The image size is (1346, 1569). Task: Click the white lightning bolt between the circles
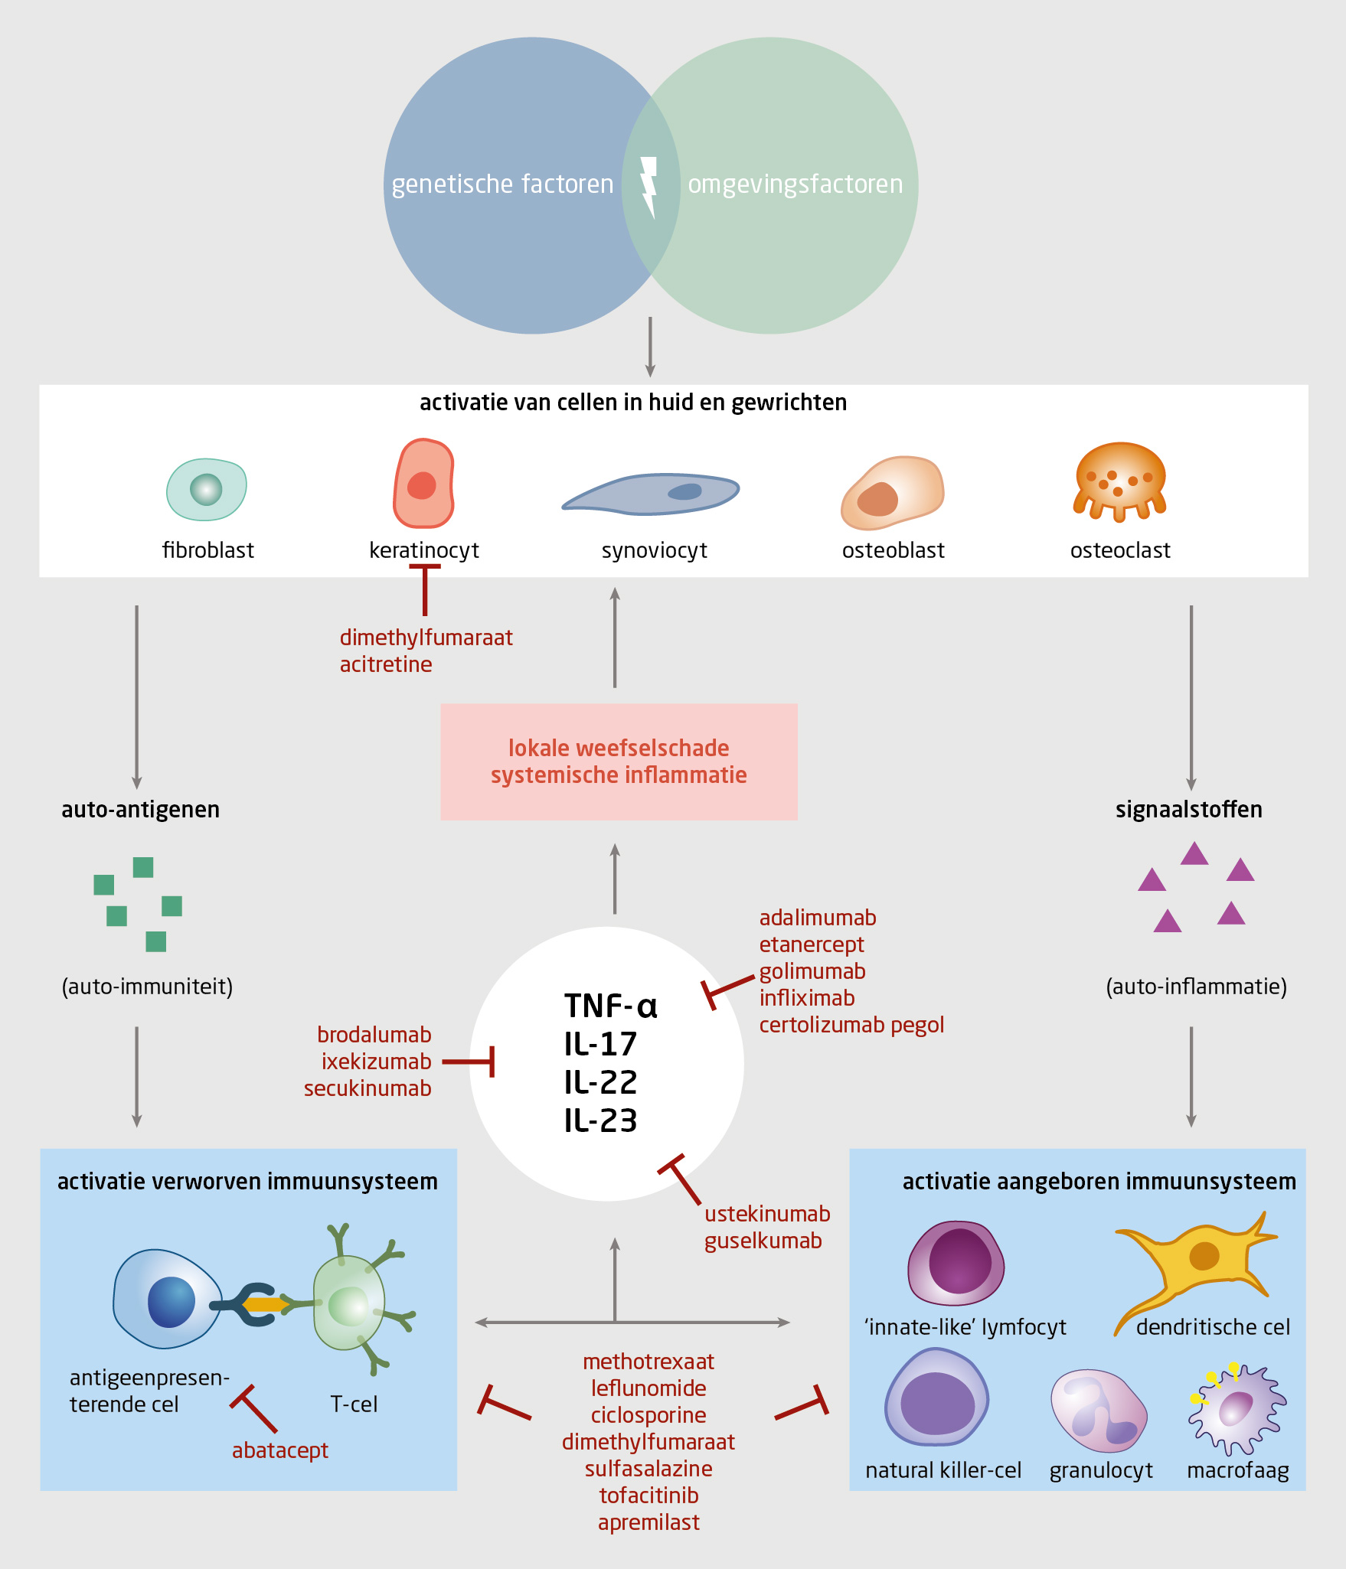pos(649,186)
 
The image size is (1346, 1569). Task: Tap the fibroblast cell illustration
pos(207,490)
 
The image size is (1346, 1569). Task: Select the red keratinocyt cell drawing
pos(423,484)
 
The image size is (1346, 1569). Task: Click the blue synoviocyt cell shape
pos(651,494)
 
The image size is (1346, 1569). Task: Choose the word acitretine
pos(386,664)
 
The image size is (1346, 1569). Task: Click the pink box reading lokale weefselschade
pos(619,762)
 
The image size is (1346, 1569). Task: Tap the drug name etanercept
pos(812,944)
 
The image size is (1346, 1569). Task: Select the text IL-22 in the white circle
pos(600,1082)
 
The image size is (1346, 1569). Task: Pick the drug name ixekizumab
pos(376,1062)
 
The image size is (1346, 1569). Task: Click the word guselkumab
pos(763,1241)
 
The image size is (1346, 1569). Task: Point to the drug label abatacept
pos(280,1450)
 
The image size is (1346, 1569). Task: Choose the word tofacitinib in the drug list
pos(648,1496)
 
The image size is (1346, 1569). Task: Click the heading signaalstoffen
pos(1188,810)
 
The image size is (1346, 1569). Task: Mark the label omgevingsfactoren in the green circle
pos(795,184)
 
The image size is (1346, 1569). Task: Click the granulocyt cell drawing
pos(1099,1411)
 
